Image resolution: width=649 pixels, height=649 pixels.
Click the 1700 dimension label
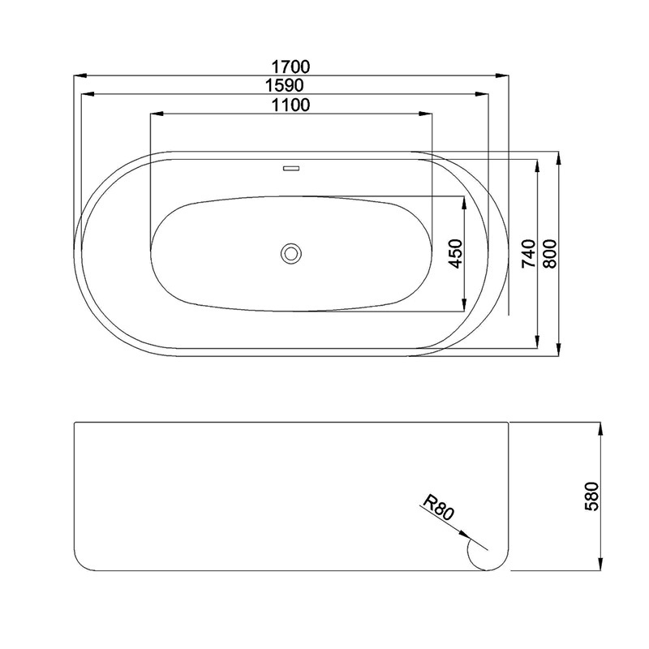pos(290,67)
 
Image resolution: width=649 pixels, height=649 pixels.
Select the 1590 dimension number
pos(285,85)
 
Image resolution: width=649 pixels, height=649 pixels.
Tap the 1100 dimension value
pos(290,105)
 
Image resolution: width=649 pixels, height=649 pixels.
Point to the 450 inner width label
pos(455,254)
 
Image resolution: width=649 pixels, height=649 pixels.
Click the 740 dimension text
pos(529,254)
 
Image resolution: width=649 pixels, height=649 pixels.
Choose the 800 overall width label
pos(551,254)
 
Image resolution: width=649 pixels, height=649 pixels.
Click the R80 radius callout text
pos(439,508)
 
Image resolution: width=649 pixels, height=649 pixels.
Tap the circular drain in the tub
pos(291,253)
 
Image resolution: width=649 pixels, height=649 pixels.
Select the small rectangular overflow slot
pos(291,169)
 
